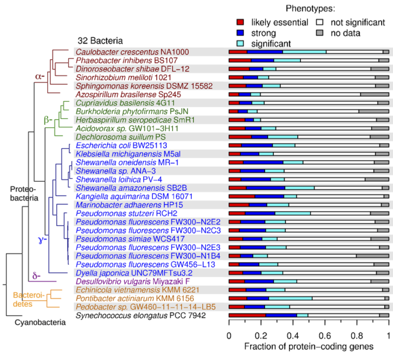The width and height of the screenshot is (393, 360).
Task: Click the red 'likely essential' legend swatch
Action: tap(241, 22)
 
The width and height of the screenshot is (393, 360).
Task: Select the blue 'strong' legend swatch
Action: tap(241, 33)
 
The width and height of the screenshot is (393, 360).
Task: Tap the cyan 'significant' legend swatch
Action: tap(241, 43)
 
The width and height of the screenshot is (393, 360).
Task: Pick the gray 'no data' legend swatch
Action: tap(321, 33)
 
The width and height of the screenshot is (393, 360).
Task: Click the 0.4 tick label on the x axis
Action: tap(292, 335)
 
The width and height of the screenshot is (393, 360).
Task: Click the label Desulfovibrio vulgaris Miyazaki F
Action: tap(133, 281)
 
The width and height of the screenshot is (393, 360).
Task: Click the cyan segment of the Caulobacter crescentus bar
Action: tap(304, 52)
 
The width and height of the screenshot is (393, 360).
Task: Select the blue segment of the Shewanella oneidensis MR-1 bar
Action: tap(263, 162)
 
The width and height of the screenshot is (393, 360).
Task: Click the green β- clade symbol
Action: tap(47, 121)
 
